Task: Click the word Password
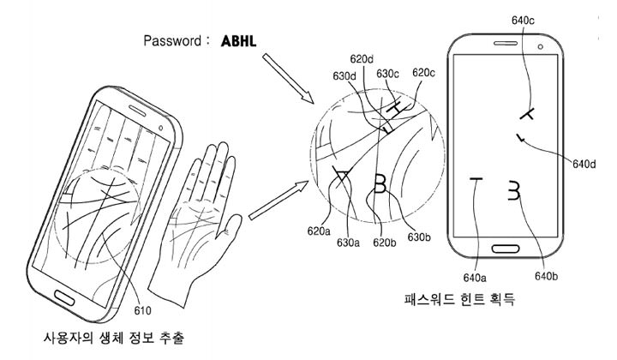[176, 39]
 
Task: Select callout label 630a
[348, 243]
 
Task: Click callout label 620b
[383, 243]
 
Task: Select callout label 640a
[475, 276]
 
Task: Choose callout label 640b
[547, 276]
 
